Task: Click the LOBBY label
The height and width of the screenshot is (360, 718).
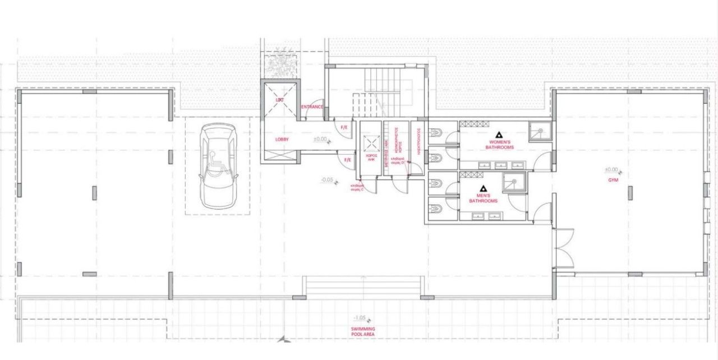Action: click(x=282, y=139)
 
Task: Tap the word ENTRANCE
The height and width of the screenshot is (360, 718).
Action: click(x=312, y=107)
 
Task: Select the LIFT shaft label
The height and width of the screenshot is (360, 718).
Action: click(x=280, y=100)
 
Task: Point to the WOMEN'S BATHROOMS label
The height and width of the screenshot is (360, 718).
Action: click(x=499, y=145)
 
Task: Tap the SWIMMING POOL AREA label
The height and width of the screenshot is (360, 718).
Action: click(x=363, y=331)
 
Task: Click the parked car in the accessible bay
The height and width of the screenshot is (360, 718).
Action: click(x=218, y=165)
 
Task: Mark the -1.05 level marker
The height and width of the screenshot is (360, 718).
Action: click(x=360, y=317)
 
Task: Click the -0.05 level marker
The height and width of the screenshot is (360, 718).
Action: click(x=327, y=180)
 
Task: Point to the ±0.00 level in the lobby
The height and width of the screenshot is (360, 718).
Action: click(x=320, y=139)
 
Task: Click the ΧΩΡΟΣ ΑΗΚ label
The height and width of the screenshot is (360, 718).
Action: click(x=370, y=157)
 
